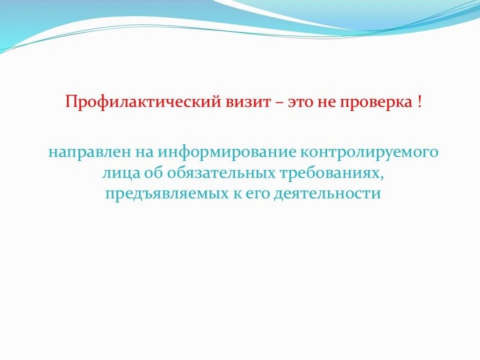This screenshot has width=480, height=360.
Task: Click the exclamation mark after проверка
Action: (x=419, y=101)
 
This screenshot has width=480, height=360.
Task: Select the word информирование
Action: (x=227, y=152)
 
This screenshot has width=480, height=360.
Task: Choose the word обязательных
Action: (x=221, y=173)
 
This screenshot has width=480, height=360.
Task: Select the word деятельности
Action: (x=327, y=194)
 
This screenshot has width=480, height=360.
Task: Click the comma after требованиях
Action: (x=382, y=177)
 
